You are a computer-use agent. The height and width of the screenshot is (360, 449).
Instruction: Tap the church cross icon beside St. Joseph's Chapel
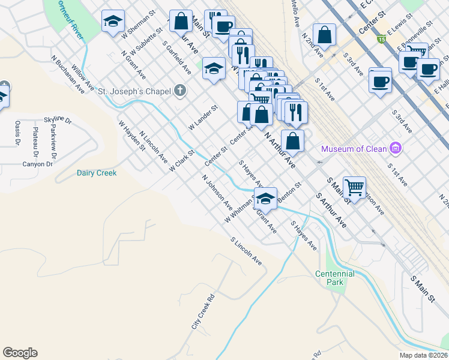coord(179,91)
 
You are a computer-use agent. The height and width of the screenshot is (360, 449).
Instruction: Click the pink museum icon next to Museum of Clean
coord(395,148)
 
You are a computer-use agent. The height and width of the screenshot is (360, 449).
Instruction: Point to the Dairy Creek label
coord(97,173)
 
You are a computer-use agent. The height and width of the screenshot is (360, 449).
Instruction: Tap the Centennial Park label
coord(335,278)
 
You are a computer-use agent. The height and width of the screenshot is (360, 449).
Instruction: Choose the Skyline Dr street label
coord(58,121)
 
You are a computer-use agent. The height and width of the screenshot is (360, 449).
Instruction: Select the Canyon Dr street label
coord(38,164)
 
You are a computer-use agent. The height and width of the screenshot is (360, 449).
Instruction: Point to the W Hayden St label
coord(132,136)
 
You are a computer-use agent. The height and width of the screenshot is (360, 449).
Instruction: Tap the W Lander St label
coord(202,118)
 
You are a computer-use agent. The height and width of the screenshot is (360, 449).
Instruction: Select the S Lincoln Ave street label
coord(247,251)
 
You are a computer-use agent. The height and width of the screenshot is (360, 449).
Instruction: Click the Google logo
coord(20,353)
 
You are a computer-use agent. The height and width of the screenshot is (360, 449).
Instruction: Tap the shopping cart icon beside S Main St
coord(355,187)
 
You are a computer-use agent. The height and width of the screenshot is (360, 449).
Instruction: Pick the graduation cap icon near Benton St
coord(265,197)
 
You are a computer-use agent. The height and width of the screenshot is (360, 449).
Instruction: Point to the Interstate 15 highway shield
coord(381,39)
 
